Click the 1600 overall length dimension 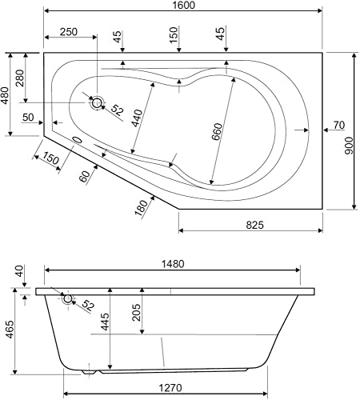coord(184,5)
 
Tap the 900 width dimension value coord(349,145)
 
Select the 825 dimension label coord(255,225)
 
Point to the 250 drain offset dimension coord(69,32)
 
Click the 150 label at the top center coord(174,35)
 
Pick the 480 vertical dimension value coord(6,95)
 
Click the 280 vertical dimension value coord(20,78)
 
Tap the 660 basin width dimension coord(217,132)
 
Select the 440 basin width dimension coord(137,118)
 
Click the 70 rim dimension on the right coord(339,125)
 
